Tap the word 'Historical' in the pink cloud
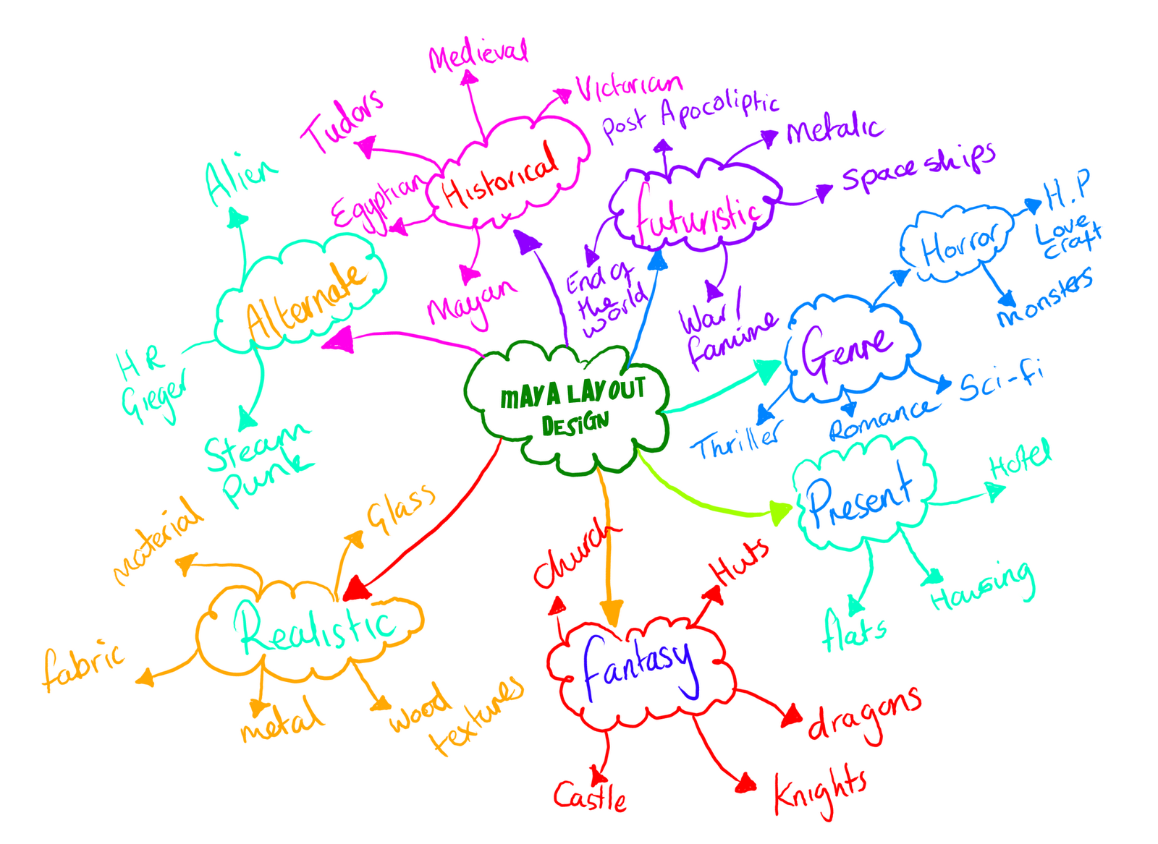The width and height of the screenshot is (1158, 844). [500, 177]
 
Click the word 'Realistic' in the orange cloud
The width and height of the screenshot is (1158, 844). [316, 628]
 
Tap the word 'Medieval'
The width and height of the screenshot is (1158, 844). [478, 54]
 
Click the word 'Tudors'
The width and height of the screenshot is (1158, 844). [343, 122]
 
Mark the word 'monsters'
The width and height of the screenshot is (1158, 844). [1045, 297]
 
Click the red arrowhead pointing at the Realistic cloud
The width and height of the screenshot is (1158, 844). [358, 588]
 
